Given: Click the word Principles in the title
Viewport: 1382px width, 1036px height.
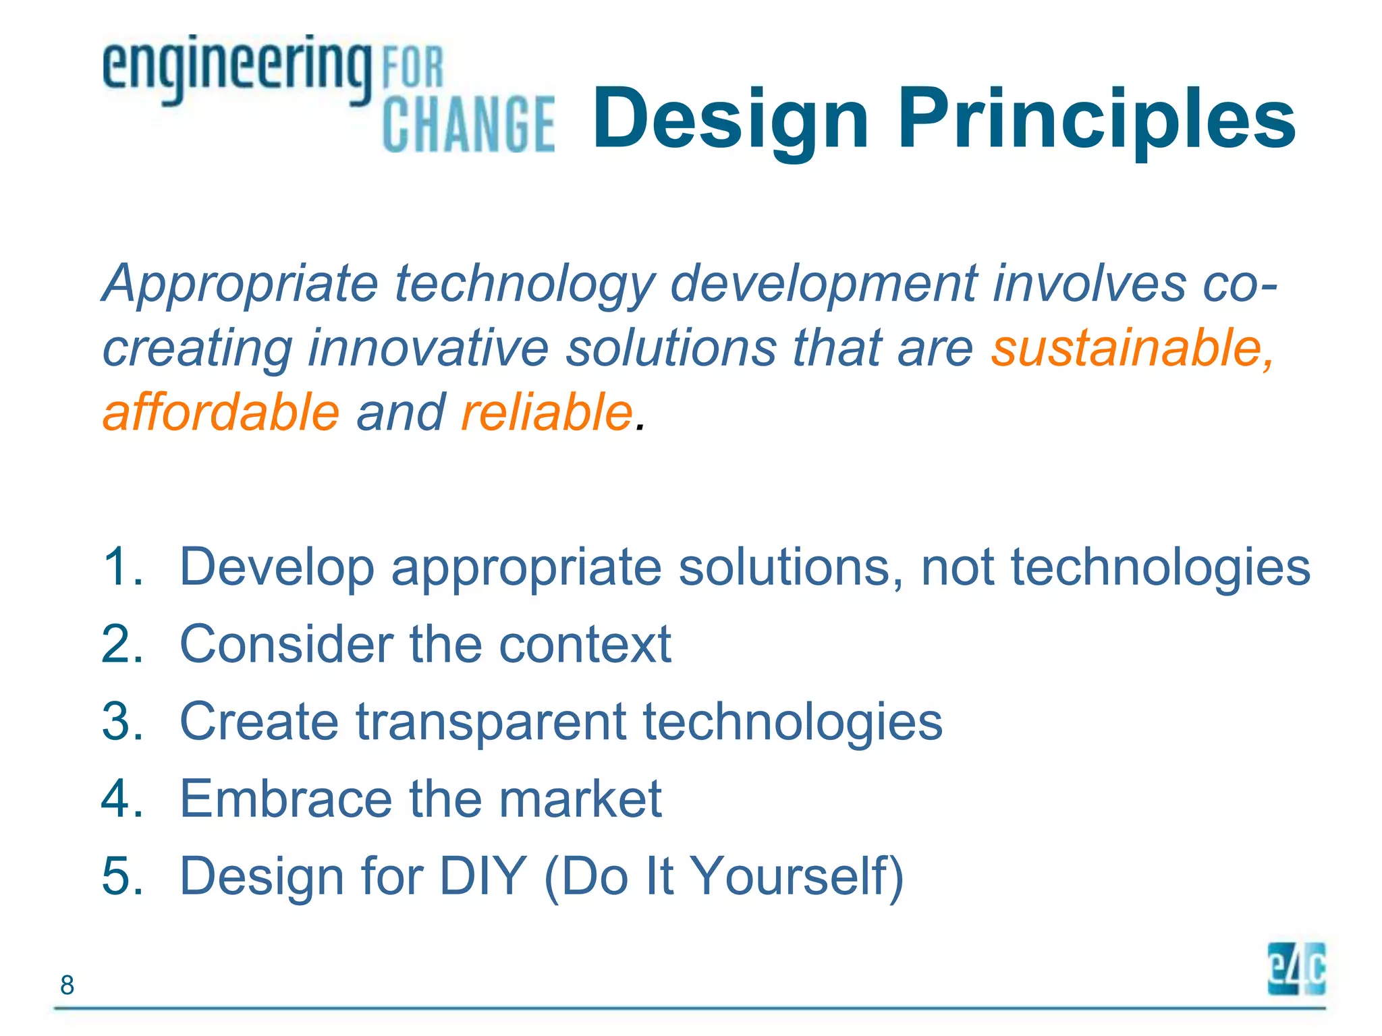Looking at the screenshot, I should [1096, 118].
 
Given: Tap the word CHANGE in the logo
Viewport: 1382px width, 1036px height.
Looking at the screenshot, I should [468, 124].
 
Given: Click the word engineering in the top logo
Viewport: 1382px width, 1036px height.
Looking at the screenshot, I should [236, 67].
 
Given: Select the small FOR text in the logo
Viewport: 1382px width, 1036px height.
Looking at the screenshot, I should [412, 67].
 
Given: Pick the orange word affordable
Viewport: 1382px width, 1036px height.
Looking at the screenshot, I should [221, 412].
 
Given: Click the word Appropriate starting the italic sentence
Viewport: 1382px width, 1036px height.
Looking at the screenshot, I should [240, 284].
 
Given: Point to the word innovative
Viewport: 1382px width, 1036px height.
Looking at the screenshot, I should [428, 348].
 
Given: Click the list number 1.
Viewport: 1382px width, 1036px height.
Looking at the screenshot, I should [122, 567].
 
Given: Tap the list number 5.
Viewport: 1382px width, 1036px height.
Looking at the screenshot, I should [122, 876].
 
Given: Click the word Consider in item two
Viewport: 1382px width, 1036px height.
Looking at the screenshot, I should [286, 644].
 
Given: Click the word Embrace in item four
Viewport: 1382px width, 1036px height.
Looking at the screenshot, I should [286, 799].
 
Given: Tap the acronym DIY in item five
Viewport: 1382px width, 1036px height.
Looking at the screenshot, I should [482, 876].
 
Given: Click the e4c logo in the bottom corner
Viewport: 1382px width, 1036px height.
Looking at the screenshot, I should [1296, 969].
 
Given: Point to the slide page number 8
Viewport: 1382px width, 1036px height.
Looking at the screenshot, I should [67, 985].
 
